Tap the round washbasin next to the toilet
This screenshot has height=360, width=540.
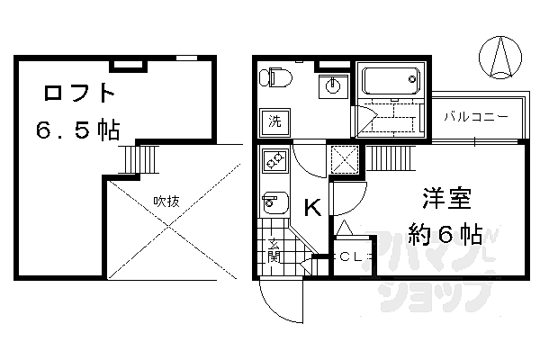click(333, 86)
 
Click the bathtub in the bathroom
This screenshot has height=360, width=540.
click(391, 81)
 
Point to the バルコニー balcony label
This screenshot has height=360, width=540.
click(475, 117)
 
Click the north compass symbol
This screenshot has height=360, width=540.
click(500, 57)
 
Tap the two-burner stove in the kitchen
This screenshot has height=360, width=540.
click(275, 161)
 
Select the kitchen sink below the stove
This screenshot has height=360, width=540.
click(275, 202)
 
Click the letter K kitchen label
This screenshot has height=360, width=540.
click(312, 207)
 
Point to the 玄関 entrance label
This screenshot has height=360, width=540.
click(274, 250)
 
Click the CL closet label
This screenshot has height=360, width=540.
click(351, 256)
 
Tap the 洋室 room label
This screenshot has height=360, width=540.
click(446, 198)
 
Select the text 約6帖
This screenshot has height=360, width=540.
click(445, 234)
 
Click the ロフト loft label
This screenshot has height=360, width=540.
click(79, 93)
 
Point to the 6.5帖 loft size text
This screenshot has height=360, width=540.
click(78, 130)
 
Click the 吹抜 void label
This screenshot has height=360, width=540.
click(166, 202)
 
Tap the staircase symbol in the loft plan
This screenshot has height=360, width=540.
click(139, 159)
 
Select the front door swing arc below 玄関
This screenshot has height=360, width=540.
click(275, 310)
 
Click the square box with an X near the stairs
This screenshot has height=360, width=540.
click(345, 159)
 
